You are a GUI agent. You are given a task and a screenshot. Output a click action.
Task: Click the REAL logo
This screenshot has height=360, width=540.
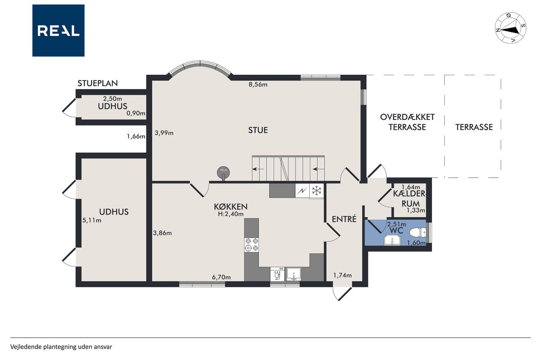[x=58, y=30]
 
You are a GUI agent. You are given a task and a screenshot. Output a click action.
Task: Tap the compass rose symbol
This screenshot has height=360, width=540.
[x=510, y=28]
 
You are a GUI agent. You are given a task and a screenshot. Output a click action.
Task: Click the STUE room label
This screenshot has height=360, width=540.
[x=258, y=130]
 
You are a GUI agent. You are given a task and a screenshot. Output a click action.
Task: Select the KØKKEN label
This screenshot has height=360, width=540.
[x=231, y=207]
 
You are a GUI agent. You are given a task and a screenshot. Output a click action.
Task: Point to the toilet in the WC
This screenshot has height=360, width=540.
[x=418, y=233]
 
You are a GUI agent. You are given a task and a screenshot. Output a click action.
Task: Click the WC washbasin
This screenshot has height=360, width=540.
[x=392, y=241]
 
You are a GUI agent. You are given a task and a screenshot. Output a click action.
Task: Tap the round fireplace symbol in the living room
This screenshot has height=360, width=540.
[x=224, y=173]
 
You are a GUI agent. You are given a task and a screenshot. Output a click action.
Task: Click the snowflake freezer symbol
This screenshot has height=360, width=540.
[x=316, y=190]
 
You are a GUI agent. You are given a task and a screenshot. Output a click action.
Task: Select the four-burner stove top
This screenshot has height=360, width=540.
[x=251, y=245]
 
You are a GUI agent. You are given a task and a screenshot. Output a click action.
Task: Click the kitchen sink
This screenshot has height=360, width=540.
[x=294, y=274]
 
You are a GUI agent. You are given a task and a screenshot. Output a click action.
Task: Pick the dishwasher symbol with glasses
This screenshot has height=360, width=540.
[x=277, y=274]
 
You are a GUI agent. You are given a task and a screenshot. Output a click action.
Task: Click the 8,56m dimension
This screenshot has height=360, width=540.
[x=258, y=84]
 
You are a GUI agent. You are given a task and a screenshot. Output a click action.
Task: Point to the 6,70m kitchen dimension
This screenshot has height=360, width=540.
[x=221, y=277]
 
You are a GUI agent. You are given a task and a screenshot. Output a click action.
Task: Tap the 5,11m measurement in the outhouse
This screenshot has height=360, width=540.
[x=92, y=220]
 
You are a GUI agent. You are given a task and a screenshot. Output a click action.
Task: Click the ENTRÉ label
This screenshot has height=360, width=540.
[x=344, y=219]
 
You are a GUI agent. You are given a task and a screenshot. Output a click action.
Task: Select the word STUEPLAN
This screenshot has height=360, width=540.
[x=97, y=83]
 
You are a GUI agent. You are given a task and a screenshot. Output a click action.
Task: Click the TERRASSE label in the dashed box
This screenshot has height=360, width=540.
[x=474, y=127]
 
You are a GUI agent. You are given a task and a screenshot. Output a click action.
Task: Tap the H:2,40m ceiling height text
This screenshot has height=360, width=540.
[x=231, y=214]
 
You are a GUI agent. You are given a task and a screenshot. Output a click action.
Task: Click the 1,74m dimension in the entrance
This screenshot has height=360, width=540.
[x=342, y=275]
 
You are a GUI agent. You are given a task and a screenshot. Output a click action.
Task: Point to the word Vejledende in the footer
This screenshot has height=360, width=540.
[x=26, y=347]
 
